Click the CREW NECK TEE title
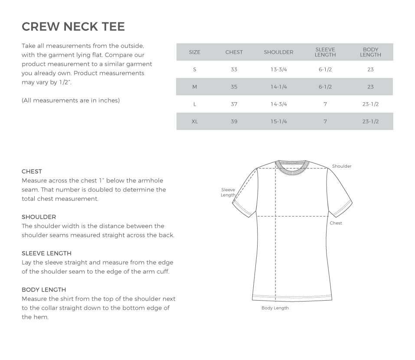point(73,26)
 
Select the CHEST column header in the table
point(234,52)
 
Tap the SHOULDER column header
point(278,52)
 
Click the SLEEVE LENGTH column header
point(325,52)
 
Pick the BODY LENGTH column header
point(370,52)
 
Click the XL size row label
point(195,121)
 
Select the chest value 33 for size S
point(234,69)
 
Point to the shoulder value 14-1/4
point(279,87)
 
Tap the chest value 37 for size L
point(234,104)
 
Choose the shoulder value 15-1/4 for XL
point(279,121)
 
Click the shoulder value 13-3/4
point(279,69)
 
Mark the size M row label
point(195,87)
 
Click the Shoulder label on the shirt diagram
point(342,166)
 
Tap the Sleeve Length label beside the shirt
point(228,192)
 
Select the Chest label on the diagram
point(336,223)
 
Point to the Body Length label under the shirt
point(275,308)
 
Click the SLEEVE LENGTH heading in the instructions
point(46,253)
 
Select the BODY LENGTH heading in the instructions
point(44,289)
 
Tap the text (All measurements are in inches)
point(71,100)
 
